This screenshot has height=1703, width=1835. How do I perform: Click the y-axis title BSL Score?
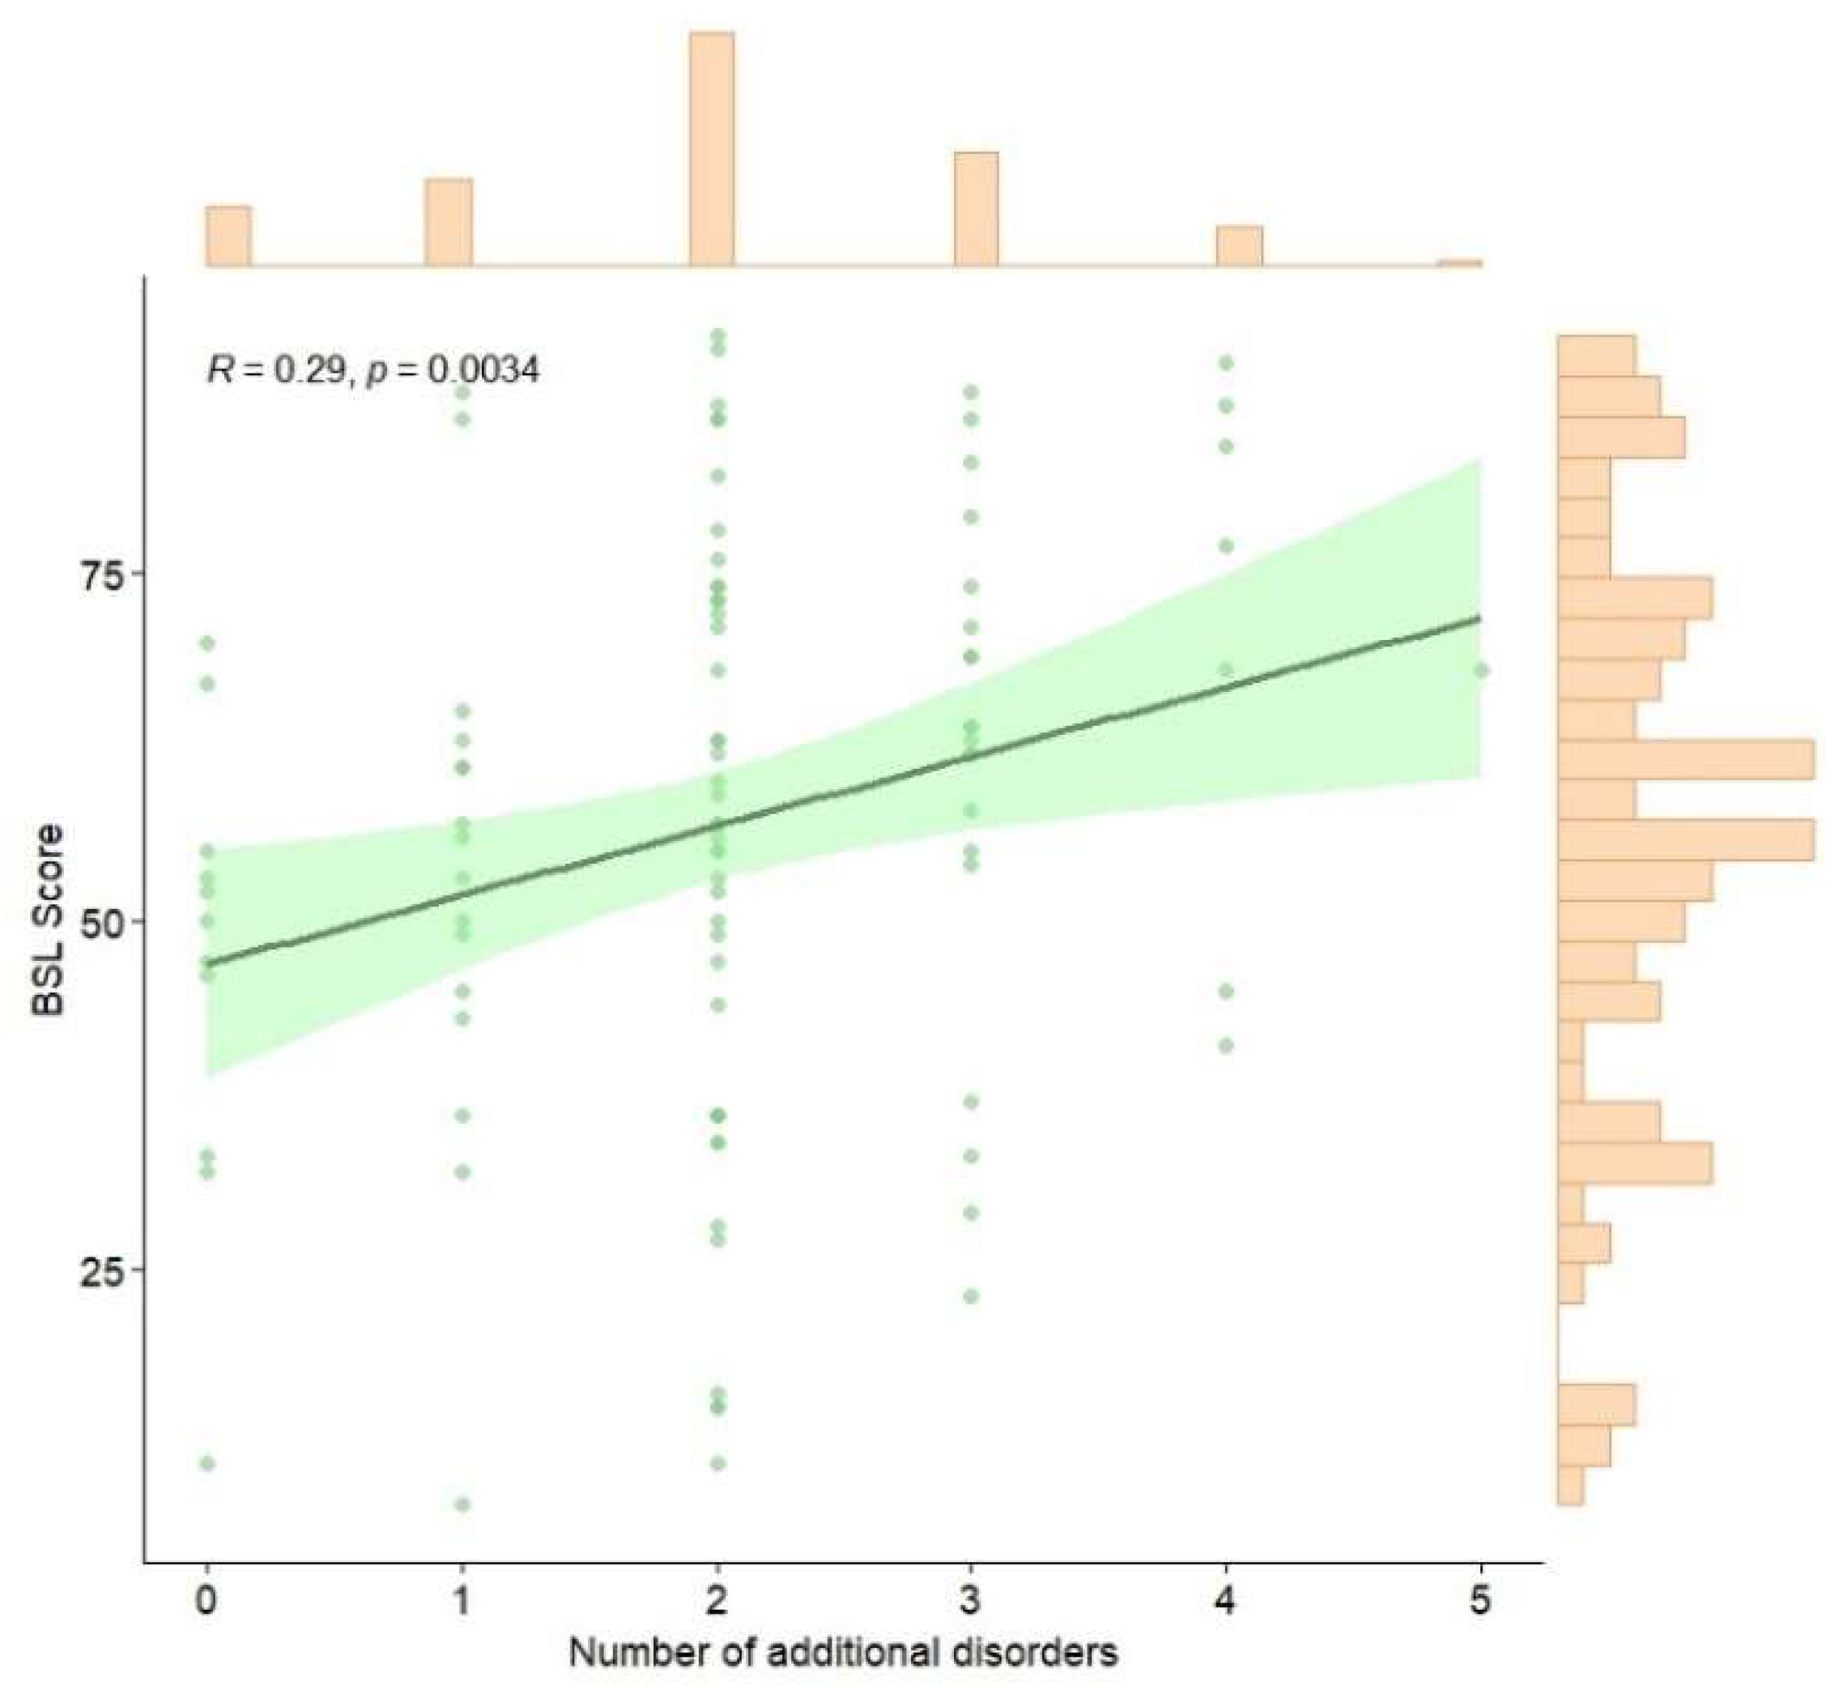48,921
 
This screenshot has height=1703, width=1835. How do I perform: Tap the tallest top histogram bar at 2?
712,150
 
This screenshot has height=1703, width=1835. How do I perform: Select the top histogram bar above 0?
228,237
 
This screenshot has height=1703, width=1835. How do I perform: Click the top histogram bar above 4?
1239,246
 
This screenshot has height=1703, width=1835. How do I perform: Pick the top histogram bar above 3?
976,210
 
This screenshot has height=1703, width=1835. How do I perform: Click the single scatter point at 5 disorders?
1480,671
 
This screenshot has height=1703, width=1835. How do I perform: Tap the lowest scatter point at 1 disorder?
462,1505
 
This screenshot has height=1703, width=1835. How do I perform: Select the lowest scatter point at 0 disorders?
207,1463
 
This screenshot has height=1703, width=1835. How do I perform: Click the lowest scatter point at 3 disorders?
970,1296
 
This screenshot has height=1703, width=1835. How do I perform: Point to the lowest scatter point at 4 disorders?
1225,1046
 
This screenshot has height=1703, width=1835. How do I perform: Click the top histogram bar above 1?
449,223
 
